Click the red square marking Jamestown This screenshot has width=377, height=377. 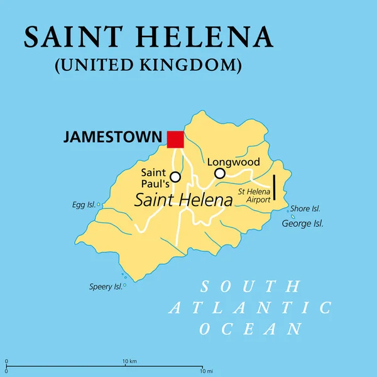coord(175,139)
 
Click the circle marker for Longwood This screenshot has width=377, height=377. coord(219,173)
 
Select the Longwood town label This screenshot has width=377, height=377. coord(234,161)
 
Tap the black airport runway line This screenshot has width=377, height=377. coord(275,187)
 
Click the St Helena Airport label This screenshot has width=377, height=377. coord(254,194)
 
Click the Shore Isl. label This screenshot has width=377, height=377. coord(306,209)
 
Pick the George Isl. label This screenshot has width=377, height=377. coord(303,223)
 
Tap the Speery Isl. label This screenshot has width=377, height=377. coord(106,287)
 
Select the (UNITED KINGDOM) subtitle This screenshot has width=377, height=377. coord(148,65)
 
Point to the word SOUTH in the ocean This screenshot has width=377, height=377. coord(249,287)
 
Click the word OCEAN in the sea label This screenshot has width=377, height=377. coord(250,329)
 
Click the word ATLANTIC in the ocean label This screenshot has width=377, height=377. coord(250,308)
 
